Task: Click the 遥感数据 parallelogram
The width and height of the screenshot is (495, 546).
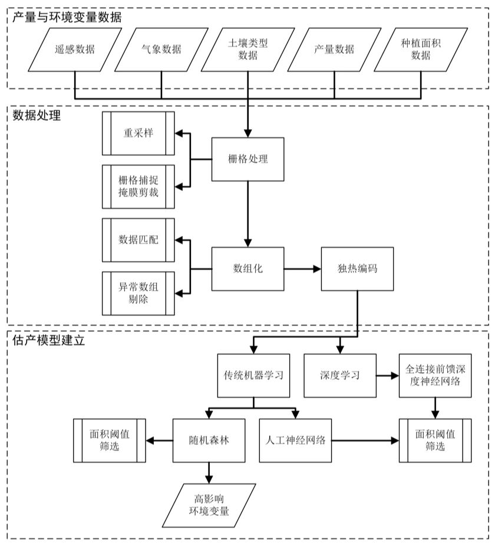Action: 75,50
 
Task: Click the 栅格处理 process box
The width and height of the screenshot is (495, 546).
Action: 247,159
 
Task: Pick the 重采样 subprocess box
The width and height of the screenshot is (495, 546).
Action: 138,132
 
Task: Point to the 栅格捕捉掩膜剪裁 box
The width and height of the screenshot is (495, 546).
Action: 138,186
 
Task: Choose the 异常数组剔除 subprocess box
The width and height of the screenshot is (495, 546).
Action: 138,292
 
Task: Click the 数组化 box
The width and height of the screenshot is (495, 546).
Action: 247,268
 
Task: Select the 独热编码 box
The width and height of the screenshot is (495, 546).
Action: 357,268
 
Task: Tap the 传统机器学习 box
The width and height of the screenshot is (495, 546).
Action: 253,375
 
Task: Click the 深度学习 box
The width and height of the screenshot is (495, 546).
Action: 340,375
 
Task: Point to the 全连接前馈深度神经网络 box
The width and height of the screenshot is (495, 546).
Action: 435,375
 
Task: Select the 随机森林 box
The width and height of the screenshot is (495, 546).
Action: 209,440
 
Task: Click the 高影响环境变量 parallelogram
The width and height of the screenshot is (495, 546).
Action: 209,505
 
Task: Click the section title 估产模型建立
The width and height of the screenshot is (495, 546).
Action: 49,340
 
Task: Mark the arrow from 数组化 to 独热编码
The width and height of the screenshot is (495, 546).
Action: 302,268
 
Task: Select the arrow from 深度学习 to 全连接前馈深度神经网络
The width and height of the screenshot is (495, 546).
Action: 387,375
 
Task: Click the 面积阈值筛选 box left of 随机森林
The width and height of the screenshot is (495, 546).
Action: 110,440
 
